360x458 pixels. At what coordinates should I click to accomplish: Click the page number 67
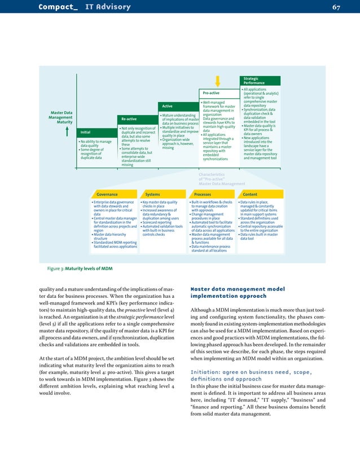point(336,7)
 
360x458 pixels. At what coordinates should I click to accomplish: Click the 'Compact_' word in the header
point(58,7)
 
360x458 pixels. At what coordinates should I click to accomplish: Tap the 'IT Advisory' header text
point(108,7)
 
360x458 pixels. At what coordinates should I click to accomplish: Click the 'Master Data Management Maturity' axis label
point(60,117)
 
